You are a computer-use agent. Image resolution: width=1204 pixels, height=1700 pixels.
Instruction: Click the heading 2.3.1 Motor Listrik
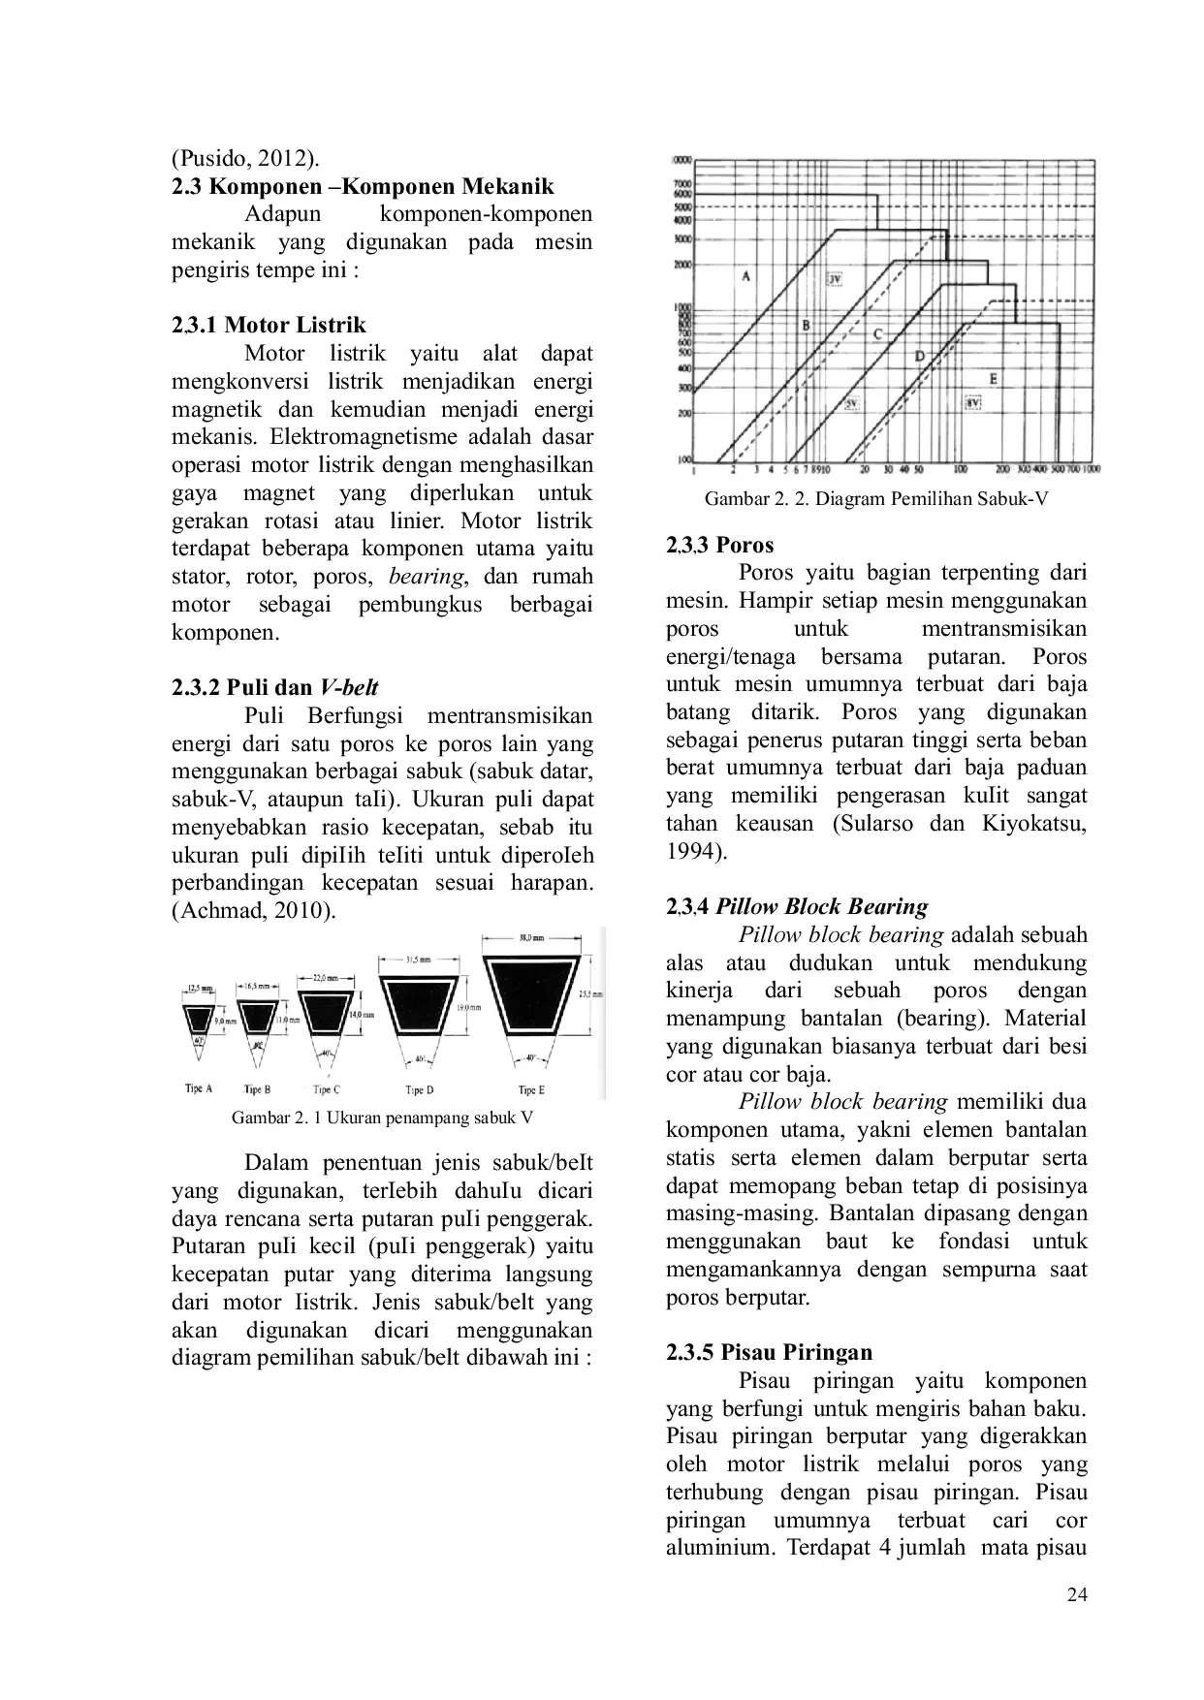(269, 325)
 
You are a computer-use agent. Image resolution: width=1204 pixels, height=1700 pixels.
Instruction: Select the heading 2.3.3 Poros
(719, 545)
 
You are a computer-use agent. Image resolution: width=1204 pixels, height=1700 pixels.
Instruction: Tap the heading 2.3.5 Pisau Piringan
(769, 1352)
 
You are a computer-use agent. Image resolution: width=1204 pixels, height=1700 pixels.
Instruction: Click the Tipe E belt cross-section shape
(531, 996)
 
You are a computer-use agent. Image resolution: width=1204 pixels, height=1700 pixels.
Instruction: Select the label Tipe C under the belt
(327, 1089)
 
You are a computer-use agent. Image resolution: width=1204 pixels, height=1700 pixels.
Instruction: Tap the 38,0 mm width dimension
(531, 937)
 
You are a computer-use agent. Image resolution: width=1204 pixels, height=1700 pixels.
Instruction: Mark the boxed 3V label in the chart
(834, 279)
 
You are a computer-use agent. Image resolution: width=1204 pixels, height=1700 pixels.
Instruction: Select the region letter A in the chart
(745, 276)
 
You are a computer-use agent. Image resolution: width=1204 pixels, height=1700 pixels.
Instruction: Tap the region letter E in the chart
(993, 379)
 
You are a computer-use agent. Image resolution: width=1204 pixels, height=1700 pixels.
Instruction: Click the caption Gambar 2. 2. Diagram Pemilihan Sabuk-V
(875, 499)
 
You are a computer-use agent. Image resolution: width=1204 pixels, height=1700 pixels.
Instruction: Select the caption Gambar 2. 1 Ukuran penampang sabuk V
(382, 1117)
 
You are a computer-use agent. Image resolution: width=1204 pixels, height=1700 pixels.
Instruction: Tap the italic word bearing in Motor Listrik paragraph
(427, 577)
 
